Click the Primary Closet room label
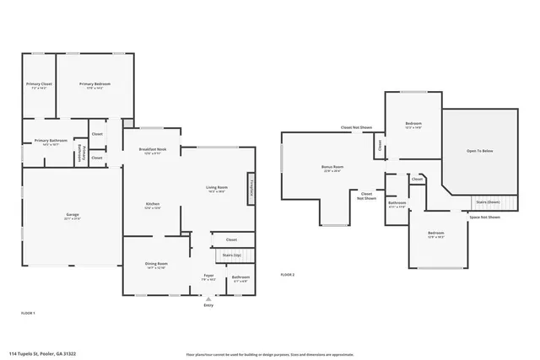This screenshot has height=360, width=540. click(x=39, y=84)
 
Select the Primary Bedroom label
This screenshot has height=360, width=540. click(x=95, y=84)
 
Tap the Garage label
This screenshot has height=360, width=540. click(x=73, y=216)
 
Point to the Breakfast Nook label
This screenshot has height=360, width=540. click(x=153, y=150)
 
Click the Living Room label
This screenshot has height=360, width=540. click(x=217, y=188)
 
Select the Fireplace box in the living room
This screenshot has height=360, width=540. click(x=251, y=189)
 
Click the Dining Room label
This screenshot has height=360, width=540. click(x=157, y=265)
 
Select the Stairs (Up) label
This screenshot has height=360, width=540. click(x=231, y=255)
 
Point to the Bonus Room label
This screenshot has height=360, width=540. click(x=332, y=168)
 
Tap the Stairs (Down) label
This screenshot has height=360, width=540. click(x=488, y=202)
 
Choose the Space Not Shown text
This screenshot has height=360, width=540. click(x=484, y=217)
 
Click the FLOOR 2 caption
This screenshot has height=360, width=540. click(x=288, y=276)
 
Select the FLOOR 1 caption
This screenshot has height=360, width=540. click(x=28, y=313)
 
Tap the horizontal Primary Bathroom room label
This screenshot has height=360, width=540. click(x=51, y=141)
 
